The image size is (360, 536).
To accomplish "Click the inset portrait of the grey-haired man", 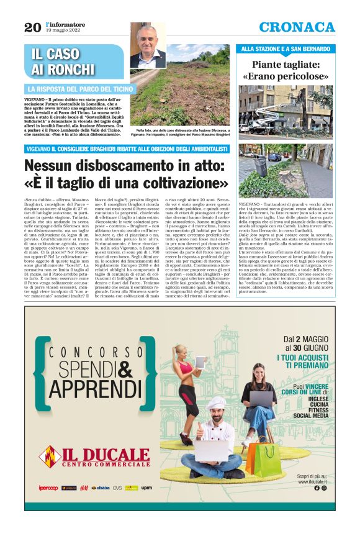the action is (148, 47).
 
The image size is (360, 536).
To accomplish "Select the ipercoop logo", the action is (48, 488).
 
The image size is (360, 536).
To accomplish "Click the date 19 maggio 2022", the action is (61, 30).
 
